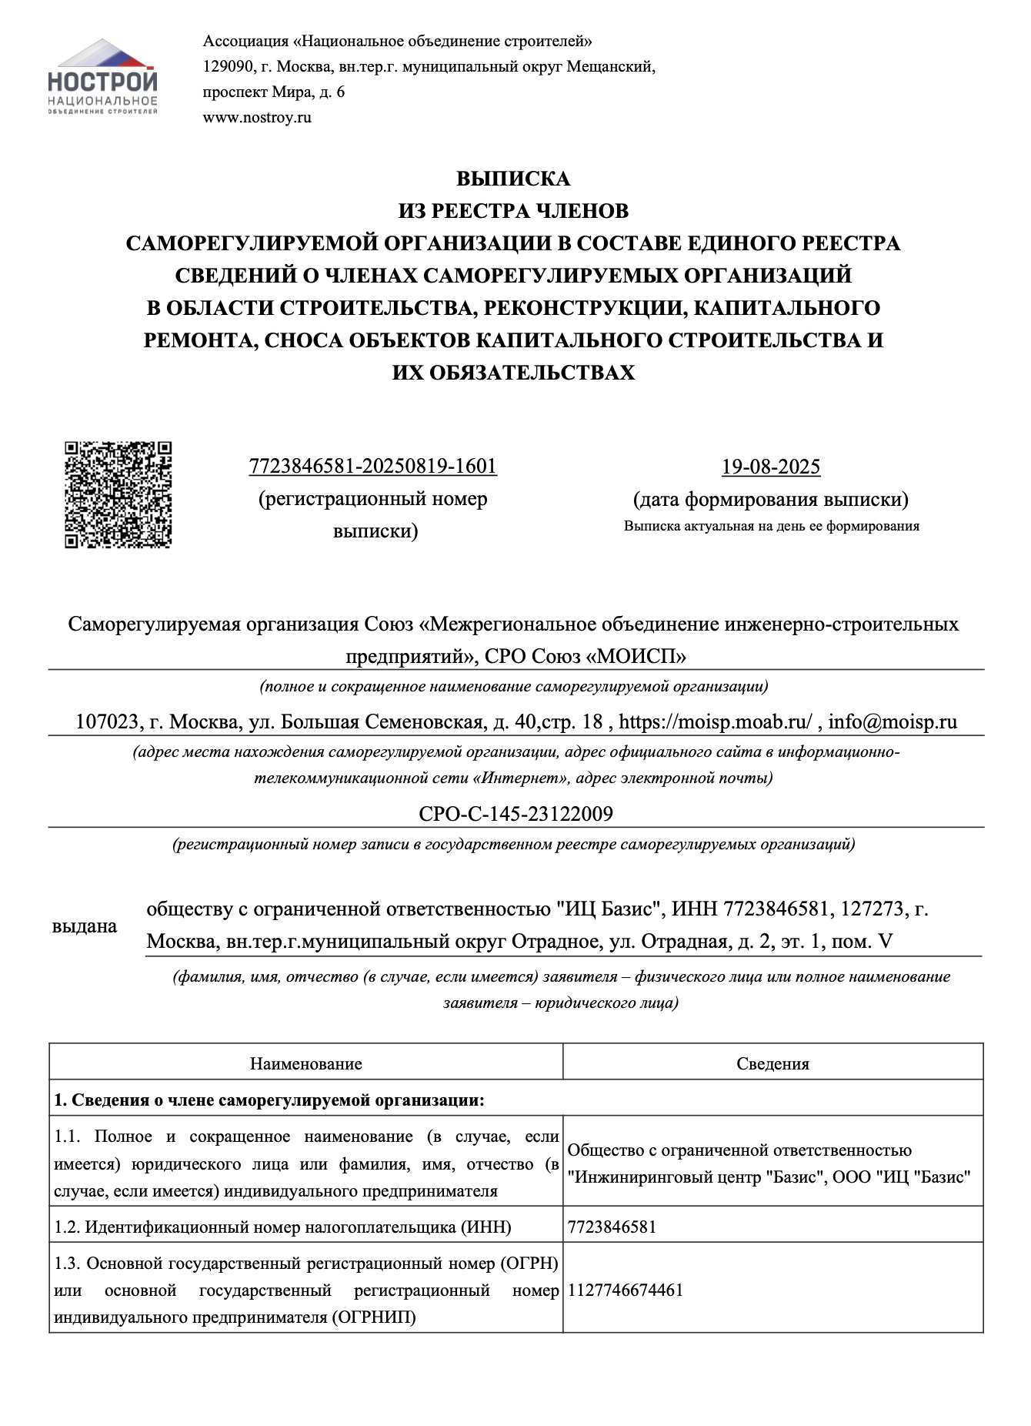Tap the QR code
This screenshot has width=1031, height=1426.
tap(118, 494)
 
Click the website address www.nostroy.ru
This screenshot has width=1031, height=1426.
tap(257, 118)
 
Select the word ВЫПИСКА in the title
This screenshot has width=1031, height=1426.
tap(513, 179)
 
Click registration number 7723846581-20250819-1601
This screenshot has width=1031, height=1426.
tap(373, 467)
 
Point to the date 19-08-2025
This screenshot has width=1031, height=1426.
tap(770, 467)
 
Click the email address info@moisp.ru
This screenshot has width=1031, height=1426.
tap(893, 722)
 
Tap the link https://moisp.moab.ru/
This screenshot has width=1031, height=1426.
tap(715, 722)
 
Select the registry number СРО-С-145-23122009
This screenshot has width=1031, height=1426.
tap(515, 814)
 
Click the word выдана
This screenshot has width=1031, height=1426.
tap(85, 926)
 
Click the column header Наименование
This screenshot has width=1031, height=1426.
tap(305, 1064)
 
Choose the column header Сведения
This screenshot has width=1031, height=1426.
tap(772, 1064)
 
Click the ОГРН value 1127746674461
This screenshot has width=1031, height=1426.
tap(626, 1290)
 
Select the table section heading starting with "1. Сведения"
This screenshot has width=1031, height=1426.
tap(269, 1100)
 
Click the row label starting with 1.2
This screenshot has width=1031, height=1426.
tap(282, 1227)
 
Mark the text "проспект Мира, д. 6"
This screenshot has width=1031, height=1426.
tap(274, 92)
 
